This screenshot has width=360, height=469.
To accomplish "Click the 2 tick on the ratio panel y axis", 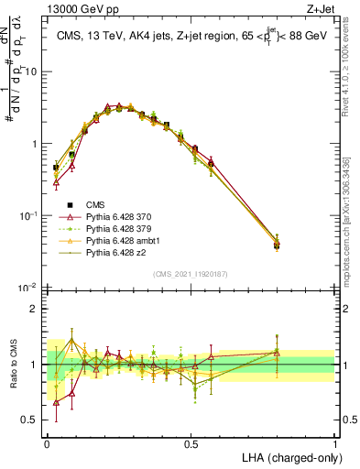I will tap(35, 309).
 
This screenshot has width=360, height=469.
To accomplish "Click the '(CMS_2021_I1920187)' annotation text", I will tap(191, 275).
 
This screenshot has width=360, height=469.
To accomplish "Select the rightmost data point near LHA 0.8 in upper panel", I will tap(278, 244).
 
